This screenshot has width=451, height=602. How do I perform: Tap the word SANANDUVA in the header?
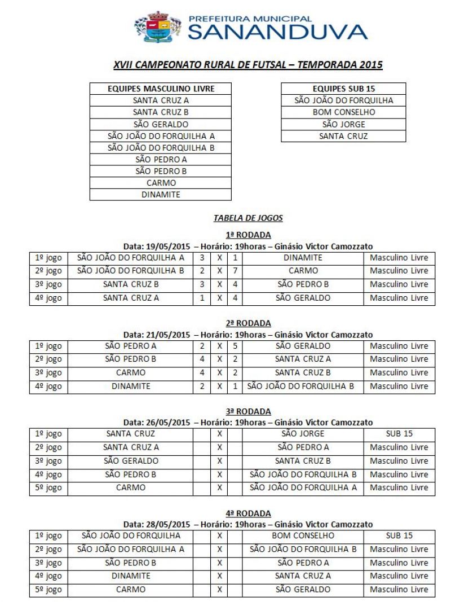click(x=277, y=32)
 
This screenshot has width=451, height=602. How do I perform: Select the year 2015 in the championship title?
click(x=370, y=65)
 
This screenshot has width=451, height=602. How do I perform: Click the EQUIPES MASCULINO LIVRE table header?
click(x=161, y=89)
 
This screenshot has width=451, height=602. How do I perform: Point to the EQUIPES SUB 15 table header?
click(x=343, y=89)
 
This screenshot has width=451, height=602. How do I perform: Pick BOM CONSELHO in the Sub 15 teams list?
click(x=343, y=112)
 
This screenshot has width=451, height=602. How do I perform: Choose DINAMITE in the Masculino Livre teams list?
click(x=161, y=195)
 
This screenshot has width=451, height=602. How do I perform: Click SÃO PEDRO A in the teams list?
click(x=161, y=159)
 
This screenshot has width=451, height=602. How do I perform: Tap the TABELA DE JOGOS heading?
click(x=248, y=217)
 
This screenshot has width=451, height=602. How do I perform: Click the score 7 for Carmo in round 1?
click(x=235, y=271)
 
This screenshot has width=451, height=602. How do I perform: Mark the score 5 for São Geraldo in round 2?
click(x=235, y=346)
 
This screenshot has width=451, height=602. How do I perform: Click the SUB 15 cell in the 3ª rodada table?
click(x=399, y=434)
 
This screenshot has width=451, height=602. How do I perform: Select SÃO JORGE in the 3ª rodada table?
click(x=303, y=434)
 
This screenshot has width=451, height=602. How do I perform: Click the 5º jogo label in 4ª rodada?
click(x=48, y=590)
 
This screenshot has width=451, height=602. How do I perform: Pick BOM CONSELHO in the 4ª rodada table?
click(x=303, y=535)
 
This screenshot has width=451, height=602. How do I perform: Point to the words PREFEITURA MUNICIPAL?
click(x=250, y=19)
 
